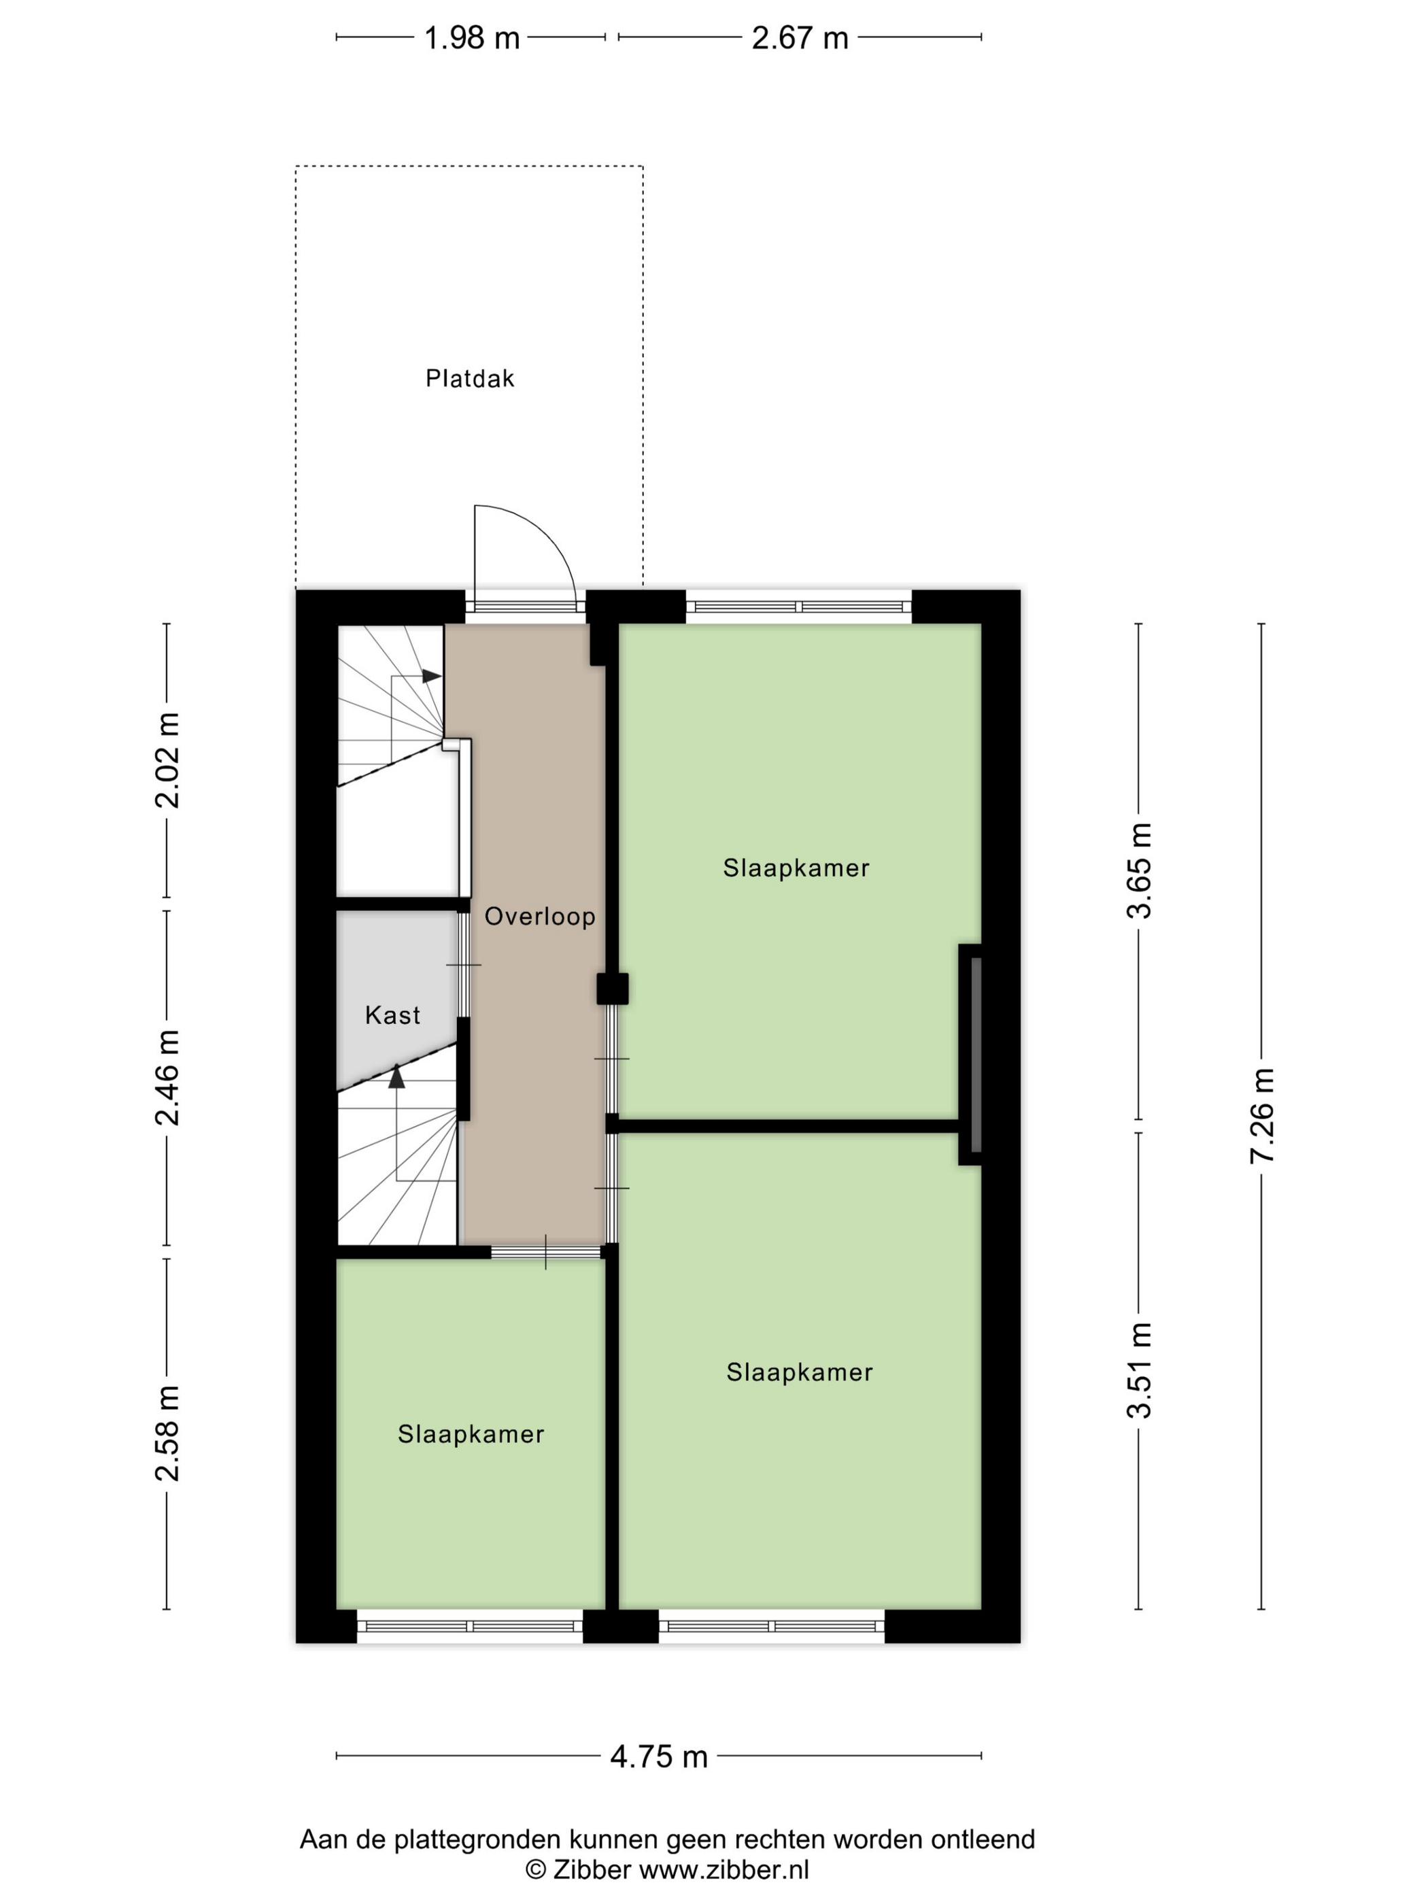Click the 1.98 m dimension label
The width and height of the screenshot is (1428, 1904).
click(472, 38)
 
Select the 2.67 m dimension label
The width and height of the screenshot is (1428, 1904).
click(800, 38)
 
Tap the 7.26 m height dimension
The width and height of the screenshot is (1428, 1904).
click(1262, 1116)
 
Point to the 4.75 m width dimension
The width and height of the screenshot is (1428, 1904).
click(658, 1756)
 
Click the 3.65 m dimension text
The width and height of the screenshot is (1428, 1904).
click(1140, 870)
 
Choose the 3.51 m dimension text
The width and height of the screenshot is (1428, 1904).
click(1140, 1370)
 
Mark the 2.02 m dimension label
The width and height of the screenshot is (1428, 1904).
click(167, 760)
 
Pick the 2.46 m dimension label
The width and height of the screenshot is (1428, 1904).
click(167, 1078)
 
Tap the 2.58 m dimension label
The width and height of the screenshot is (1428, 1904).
click(167, 1433)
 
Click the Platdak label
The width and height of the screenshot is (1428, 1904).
click(470, 379)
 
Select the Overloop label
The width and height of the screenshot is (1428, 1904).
click(540, 916)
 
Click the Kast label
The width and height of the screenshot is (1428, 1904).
click(392, 1016)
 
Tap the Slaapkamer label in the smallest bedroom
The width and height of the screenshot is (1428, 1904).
click(471, 1434)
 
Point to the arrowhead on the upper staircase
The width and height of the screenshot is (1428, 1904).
click(431, 677)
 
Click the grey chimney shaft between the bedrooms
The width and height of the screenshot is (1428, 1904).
click(976, 1055)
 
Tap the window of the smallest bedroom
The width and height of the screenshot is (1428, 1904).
click(470, 1626)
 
